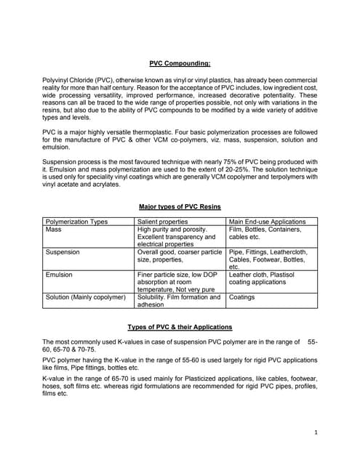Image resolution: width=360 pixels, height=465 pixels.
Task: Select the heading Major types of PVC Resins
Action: click(180, 206)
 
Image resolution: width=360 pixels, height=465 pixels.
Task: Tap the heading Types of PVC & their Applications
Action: click(180, 327)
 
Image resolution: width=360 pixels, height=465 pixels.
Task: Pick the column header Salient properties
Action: click(158, 222)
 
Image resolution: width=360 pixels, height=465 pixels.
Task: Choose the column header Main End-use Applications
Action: click(267, 222)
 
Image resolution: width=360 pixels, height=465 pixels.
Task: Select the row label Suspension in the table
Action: click(63, 252)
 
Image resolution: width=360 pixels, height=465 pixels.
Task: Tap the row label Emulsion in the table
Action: click(59, 275)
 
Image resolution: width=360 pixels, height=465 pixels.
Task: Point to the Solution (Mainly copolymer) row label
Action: click(86, 297)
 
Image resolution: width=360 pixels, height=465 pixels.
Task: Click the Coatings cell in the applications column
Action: click(242, 297)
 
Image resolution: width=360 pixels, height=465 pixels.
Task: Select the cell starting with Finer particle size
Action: click(178, 282)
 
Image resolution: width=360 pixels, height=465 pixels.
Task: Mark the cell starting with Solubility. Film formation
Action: click(178, 301)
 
